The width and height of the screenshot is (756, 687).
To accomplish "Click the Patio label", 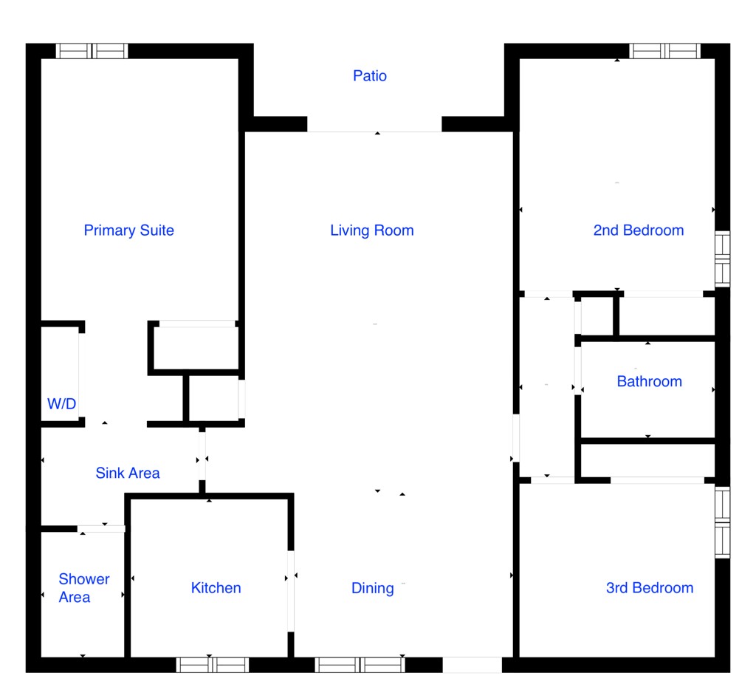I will coord(369,75).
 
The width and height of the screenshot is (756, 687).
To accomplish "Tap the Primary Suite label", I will coord(128,230).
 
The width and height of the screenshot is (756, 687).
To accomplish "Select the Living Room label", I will coord(371,230).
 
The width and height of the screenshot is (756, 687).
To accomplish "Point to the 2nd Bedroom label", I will coord(638,230).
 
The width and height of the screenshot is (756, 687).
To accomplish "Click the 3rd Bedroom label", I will coord(649,587).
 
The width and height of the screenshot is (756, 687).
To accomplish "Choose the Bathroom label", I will coord(649,381).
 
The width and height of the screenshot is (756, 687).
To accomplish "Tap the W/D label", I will coord(62,403).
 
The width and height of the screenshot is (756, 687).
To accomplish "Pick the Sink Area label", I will coord(128,473).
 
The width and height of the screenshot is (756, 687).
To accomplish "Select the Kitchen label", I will coord(216,587).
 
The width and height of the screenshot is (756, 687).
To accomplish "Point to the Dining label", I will coord(372,587).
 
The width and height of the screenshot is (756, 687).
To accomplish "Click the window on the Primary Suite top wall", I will coord(92,51).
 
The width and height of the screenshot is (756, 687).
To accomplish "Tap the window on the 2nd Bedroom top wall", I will coord(664,51).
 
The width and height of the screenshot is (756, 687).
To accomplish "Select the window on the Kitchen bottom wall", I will coord(213,664).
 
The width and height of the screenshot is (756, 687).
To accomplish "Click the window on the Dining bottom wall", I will coord(360,664).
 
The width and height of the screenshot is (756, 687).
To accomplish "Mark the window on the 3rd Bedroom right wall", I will coord(722,522).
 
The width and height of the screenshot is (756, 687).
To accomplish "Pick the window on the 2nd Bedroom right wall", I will coord(722,259).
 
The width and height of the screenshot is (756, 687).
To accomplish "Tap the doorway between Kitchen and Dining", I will coord(291,591).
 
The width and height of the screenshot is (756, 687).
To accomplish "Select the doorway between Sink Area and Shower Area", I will coord(101,528).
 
